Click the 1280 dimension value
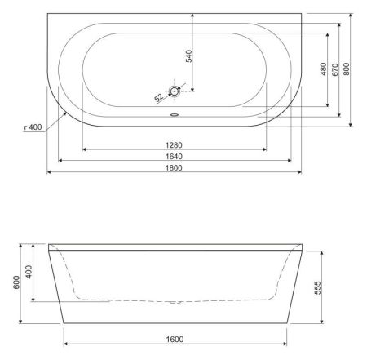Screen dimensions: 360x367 point(173,144)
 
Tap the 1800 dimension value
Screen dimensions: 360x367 point(173,167)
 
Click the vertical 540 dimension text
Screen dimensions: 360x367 point(188,57)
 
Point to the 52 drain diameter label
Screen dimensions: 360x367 point(158,98)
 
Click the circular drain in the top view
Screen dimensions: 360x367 point(173,93)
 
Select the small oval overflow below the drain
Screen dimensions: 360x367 point(173,113)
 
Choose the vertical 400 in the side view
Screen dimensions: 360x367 point(29,271)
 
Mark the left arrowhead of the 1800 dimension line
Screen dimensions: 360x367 point(49,173)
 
